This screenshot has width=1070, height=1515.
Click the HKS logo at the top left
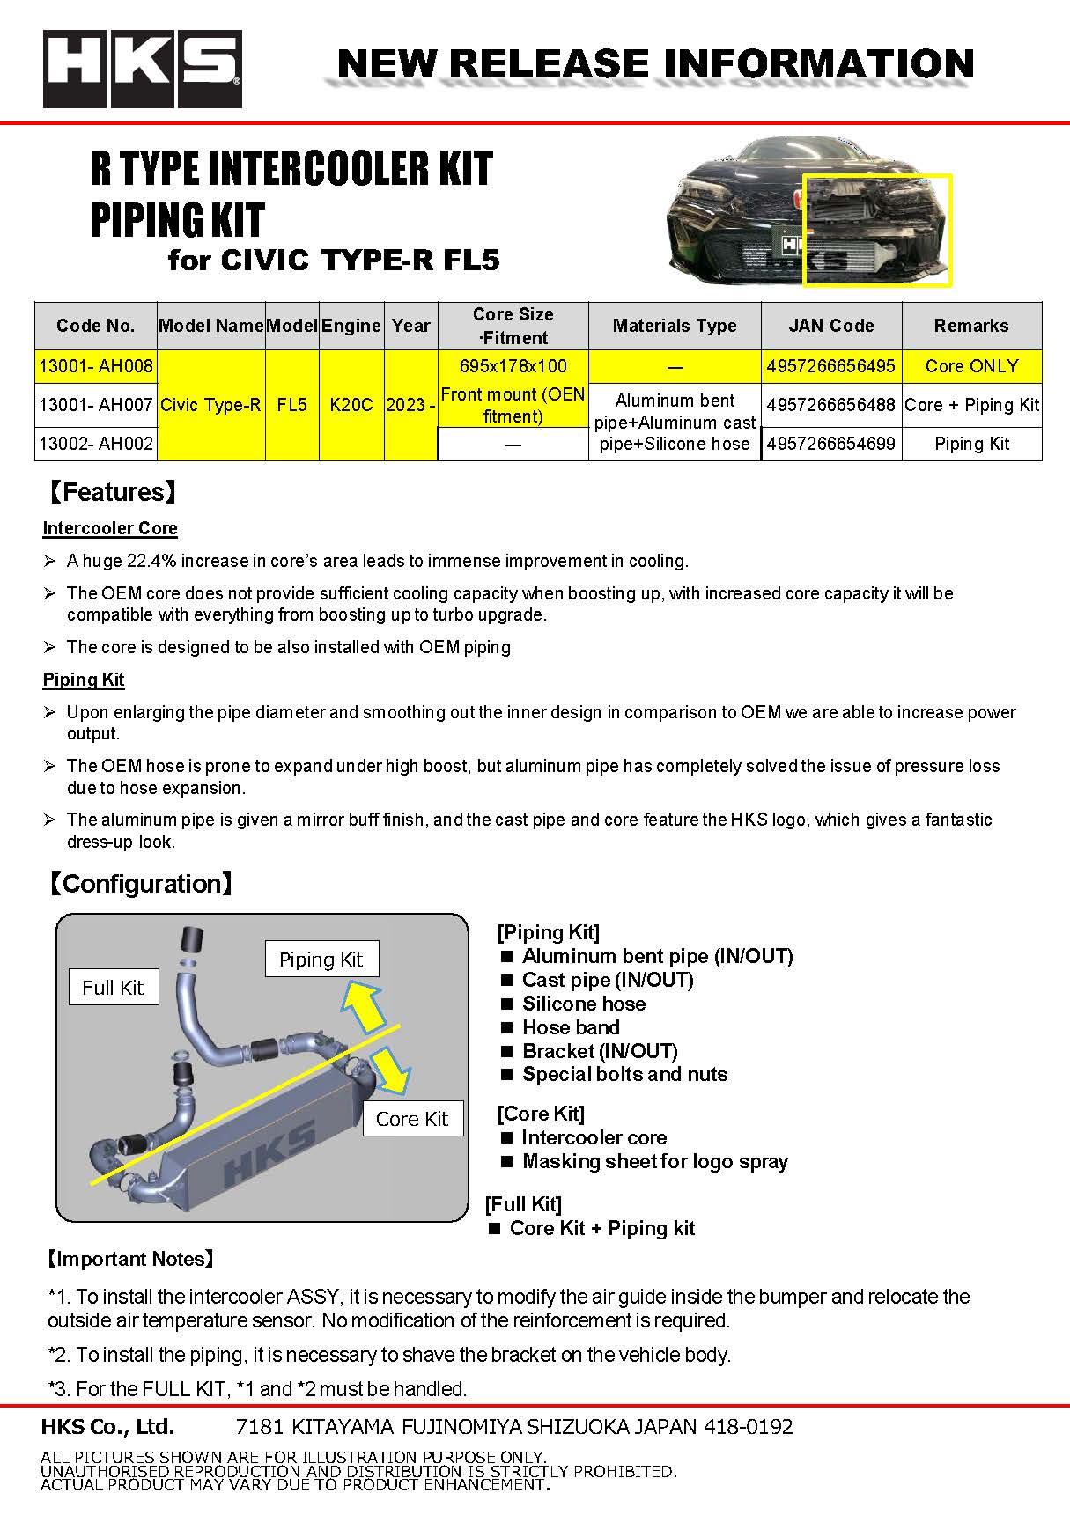coord(142,69)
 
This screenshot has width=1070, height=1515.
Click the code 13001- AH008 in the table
coord(96,366)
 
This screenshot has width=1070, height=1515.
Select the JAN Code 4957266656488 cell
coord(830,405)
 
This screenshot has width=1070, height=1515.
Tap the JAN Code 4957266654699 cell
coord(830,444)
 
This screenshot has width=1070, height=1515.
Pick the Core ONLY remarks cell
coord(971,366)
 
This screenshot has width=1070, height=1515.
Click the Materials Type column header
coord(675,326)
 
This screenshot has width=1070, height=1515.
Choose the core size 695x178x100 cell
coord(513,366)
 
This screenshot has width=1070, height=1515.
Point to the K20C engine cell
coord(351,405)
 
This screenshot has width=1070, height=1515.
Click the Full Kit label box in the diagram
coord(113,988)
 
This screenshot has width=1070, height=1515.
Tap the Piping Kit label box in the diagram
coord(321,960)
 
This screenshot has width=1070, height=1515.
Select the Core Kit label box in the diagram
coord(412,1119)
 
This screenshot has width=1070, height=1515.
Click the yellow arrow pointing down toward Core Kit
coord(391,1070)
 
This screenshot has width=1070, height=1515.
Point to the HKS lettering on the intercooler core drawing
coord(269,1152)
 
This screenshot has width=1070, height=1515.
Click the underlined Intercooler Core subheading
coord(110,528)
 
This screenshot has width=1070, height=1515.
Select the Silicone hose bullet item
coord(583,1004)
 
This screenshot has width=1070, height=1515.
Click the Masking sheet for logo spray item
coord(654,1161)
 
